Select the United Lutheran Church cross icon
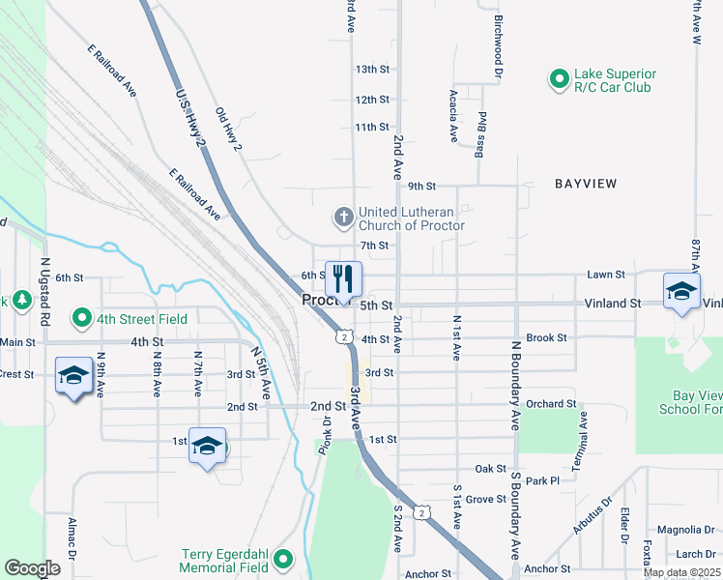(343, 217)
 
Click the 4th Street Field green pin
(82, 316)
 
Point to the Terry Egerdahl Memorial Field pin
(283, 559)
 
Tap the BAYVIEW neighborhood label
(585, 183)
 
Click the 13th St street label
(371, 70)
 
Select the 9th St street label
(422, 186)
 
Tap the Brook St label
(546, 337)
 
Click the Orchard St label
(552, 404)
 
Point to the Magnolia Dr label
(684, 530)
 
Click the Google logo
(32, 568)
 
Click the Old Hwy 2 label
(228, 130)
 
